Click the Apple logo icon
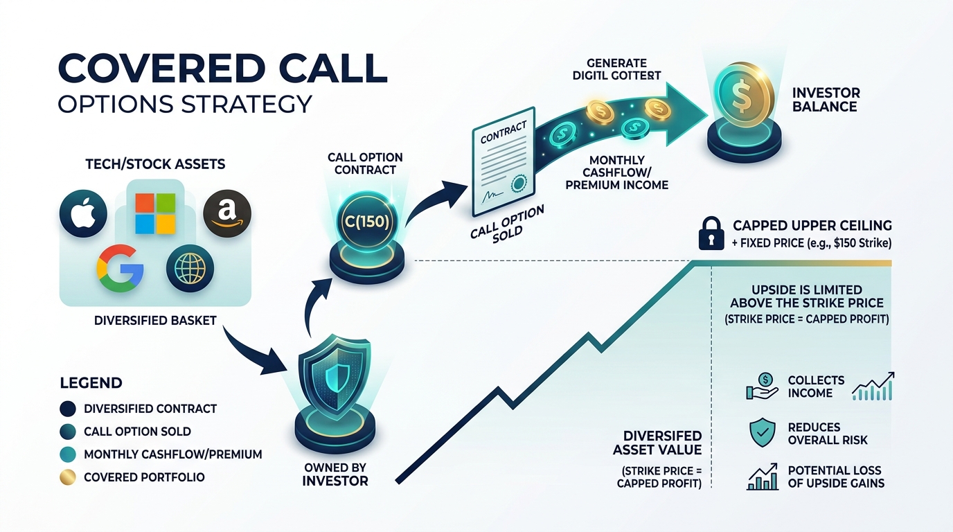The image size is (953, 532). click(x=83, y=213)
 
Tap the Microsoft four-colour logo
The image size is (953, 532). click(x=155, y=213)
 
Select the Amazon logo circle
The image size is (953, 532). click(x=227, y=213)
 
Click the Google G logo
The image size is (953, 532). click(x=120, y=268)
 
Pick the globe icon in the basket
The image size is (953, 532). click(x=190, y=269)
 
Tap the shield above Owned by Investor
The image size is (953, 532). click(x=335, y=375)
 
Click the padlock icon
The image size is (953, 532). click(x=711, y=233)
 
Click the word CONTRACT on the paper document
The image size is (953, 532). click(x=504, y=132)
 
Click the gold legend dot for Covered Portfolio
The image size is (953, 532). click(x=68, y=477)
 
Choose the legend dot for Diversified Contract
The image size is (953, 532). click(x=68, y=409)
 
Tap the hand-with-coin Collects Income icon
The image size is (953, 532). click(x=762, y=387)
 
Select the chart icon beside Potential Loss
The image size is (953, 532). click(x=763, y=477)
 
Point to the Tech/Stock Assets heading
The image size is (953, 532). click(x=155, y=164)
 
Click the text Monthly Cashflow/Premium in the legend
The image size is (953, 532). click(x=172, y=454)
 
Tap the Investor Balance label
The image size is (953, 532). click(x=824, y=100)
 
